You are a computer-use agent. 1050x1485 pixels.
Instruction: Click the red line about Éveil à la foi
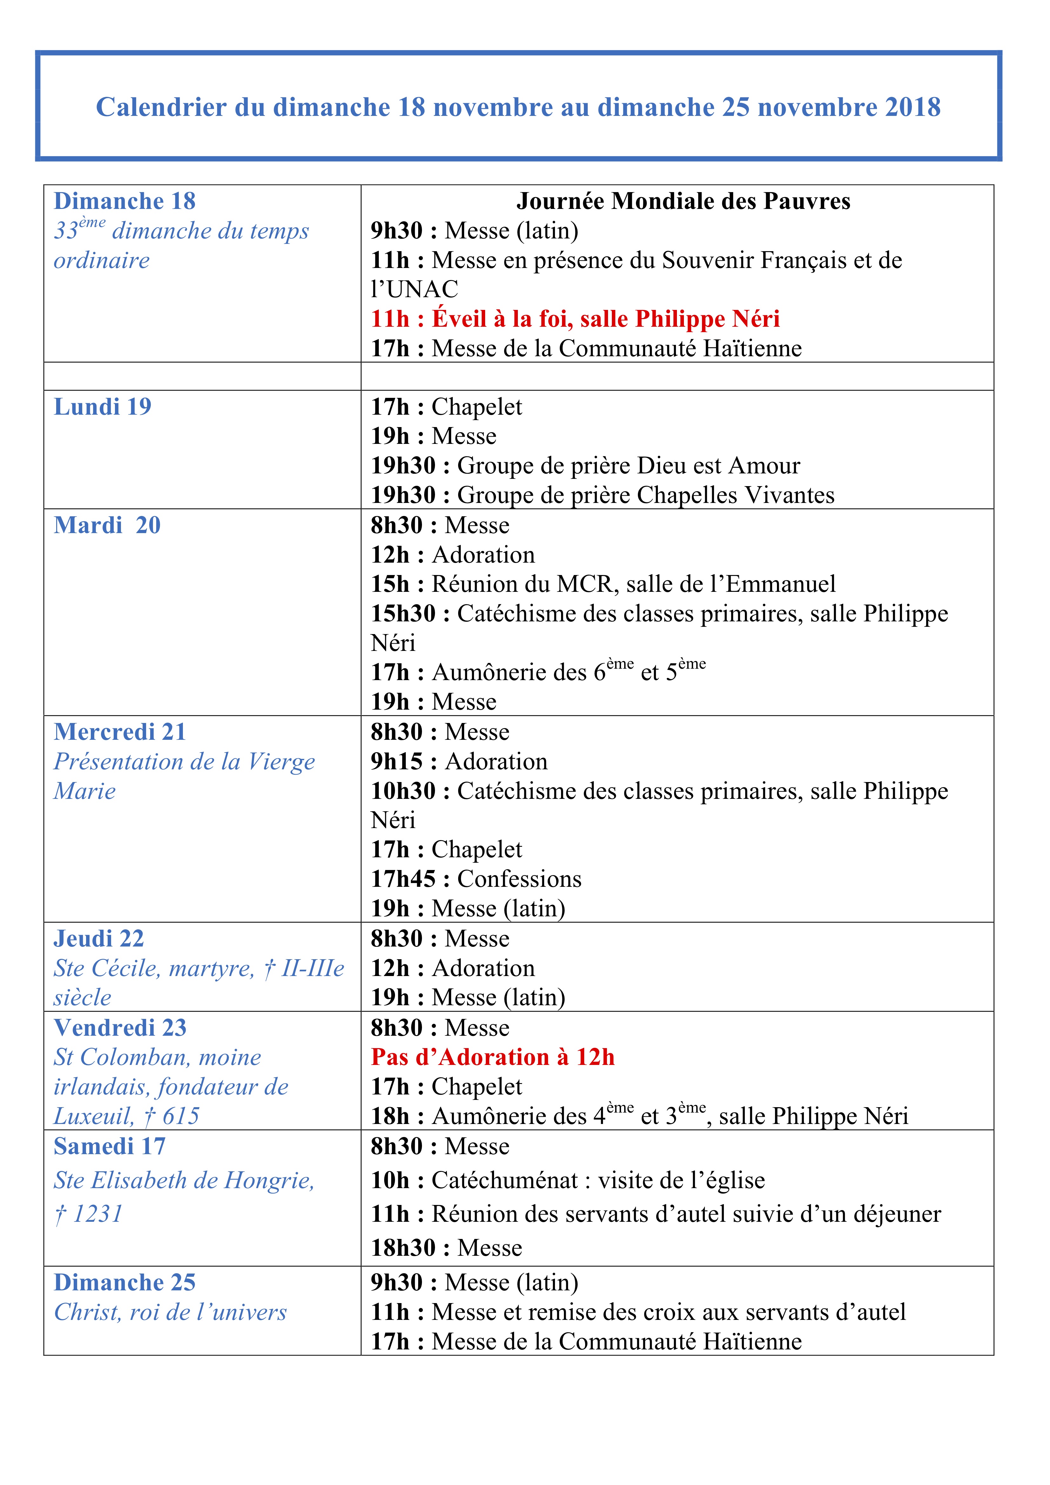pos(574,319)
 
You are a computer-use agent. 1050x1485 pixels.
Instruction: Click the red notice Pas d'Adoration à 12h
pos(492,1058)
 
